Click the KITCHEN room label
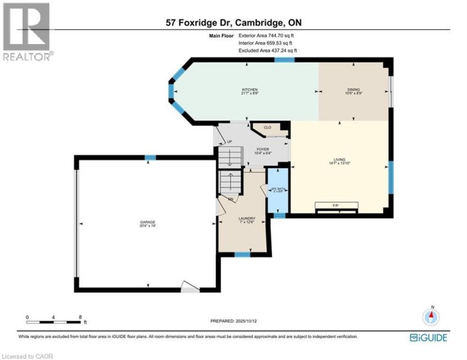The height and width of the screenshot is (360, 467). point(250,90)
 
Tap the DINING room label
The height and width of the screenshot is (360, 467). point(353,90)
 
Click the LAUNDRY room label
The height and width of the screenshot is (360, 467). point(246,219)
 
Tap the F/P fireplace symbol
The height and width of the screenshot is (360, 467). point(335,206)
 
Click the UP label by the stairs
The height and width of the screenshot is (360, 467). point(229,143)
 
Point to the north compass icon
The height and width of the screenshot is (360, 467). point(431,317)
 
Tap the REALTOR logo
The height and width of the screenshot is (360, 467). point(26,32)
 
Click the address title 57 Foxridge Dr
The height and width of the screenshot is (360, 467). point(233,23)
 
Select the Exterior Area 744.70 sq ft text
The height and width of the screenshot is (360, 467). point(266,36)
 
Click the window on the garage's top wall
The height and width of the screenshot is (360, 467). point(150,157)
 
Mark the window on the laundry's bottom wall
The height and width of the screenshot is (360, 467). point(242,254)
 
